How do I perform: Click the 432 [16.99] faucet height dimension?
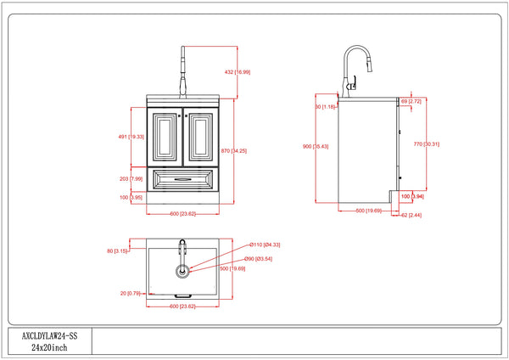pos(236,72)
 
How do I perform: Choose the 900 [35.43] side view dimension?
pos(315,147)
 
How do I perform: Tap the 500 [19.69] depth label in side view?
pos(366,209)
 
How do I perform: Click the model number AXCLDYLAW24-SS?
pos(48,336)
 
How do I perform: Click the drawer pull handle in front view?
pos(182,179)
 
